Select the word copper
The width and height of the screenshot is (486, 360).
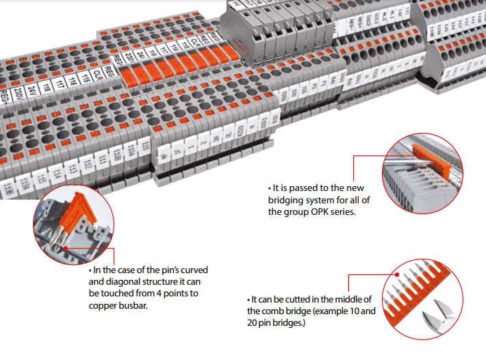pos(103,305)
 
